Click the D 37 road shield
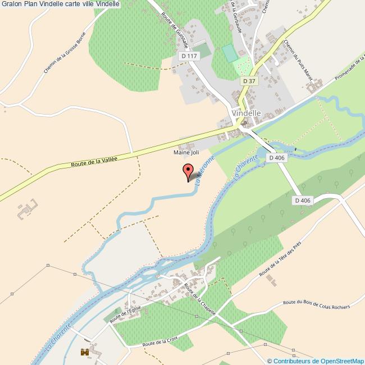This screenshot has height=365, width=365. coord(249,81)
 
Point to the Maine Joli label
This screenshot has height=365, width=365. coord(186,152)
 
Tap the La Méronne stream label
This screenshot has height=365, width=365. coord(204,171)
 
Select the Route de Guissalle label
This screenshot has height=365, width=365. coord(175,30)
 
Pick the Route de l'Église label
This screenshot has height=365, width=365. coord(125,314)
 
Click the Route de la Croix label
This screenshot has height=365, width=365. coord(161,342)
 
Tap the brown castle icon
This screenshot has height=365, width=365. coord(85,352)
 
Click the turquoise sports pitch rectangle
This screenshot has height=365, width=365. coord(230,54)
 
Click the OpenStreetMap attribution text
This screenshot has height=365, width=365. coord(316,361)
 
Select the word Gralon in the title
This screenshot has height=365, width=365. coord(11,4)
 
